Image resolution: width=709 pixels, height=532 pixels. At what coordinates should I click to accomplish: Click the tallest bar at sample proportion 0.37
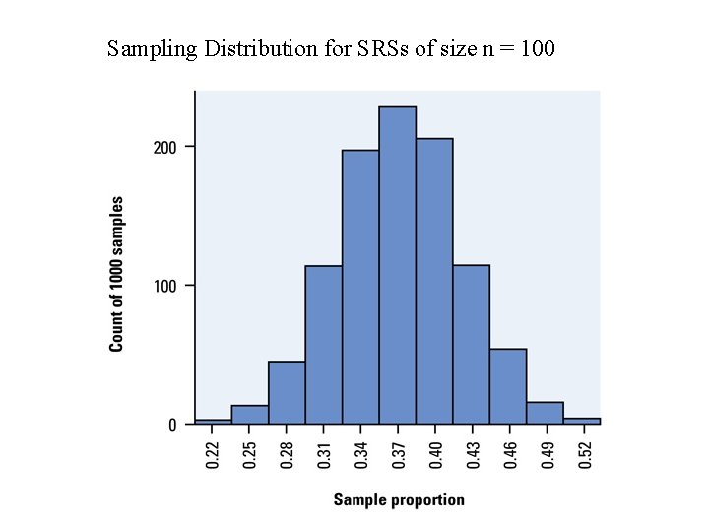[398, 265]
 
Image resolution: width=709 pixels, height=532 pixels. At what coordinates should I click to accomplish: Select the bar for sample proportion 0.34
[360, 287]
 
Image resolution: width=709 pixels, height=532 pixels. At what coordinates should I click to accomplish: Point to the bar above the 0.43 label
[471, 345]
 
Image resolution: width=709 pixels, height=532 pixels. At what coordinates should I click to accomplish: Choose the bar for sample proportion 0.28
[287, 393]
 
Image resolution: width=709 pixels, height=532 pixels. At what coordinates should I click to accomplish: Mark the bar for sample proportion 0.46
[508, 386]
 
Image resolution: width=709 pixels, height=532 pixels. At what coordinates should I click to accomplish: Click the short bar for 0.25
[250, 415]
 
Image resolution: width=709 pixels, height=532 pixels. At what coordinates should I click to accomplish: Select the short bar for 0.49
[545, 413]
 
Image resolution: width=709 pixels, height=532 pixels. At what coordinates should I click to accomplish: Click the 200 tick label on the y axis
[164, 147]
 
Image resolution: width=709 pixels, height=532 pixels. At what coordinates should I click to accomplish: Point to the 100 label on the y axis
[164, 286]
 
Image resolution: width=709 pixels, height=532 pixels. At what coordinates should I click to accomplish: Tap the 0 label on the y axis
[172, 425]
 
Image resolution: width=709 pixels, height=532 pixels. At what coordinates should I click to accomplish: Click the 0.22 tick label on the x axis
[214, 454]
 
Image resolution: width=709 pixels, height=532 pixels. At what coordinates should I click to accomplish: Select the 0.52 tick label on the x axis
[585, 454]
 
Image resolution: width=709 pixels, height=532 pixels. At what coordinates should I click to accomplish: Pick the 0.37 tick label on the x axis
[399, 454]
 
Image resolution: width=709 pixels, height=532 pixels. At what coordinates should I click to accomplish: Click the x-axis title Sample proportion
[399, 499]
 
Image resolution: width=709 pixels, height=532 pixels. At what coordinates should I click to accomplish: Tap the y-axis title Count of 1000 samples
[116, 273]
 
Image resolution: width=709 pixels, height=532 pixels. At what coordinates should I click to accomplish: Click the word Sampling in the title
[152, 49]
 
